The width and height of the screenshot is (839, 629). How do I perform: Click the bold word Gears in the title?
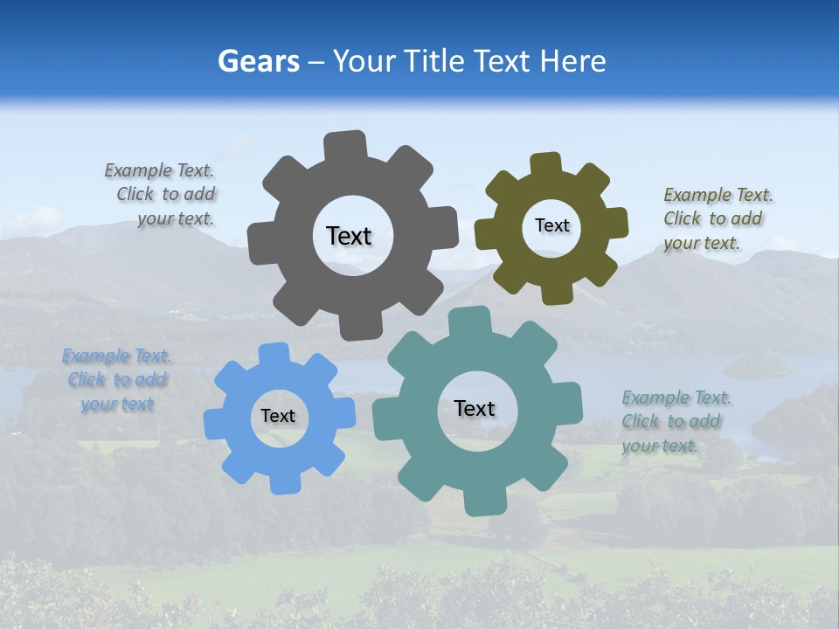[x=258, y=61]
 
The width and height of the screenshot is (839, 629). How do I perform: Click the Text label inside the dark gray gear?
[x=349, y=236]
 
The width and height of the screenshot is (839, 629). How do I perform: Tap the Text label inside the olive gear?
[x=551, y=225]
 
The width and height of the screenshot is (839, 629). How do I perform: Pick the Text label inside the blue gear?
[x=278, y=417]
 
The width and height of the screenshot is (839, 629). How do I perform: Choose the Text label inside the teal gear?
[x=475, y=408]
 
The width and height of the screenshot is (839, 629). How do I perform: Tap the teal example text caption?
[x=676, y=422]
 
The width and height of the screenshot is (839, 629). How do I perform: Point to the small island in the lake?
[x=755, y=366]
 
